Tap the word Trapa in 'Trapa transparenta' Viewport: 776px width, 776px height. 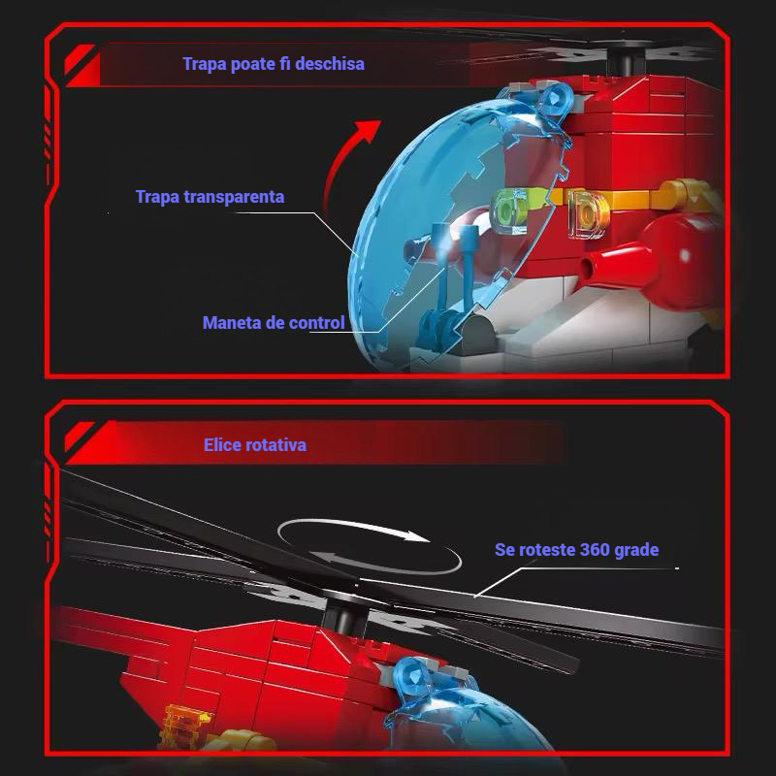tap(158, 197)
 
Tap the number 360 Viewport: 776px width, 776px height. tap(595, 550)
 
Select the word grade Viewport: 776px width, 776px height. tap(636, 550)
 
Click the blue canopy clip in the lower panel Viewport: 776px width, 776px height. tap(415, 676)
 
